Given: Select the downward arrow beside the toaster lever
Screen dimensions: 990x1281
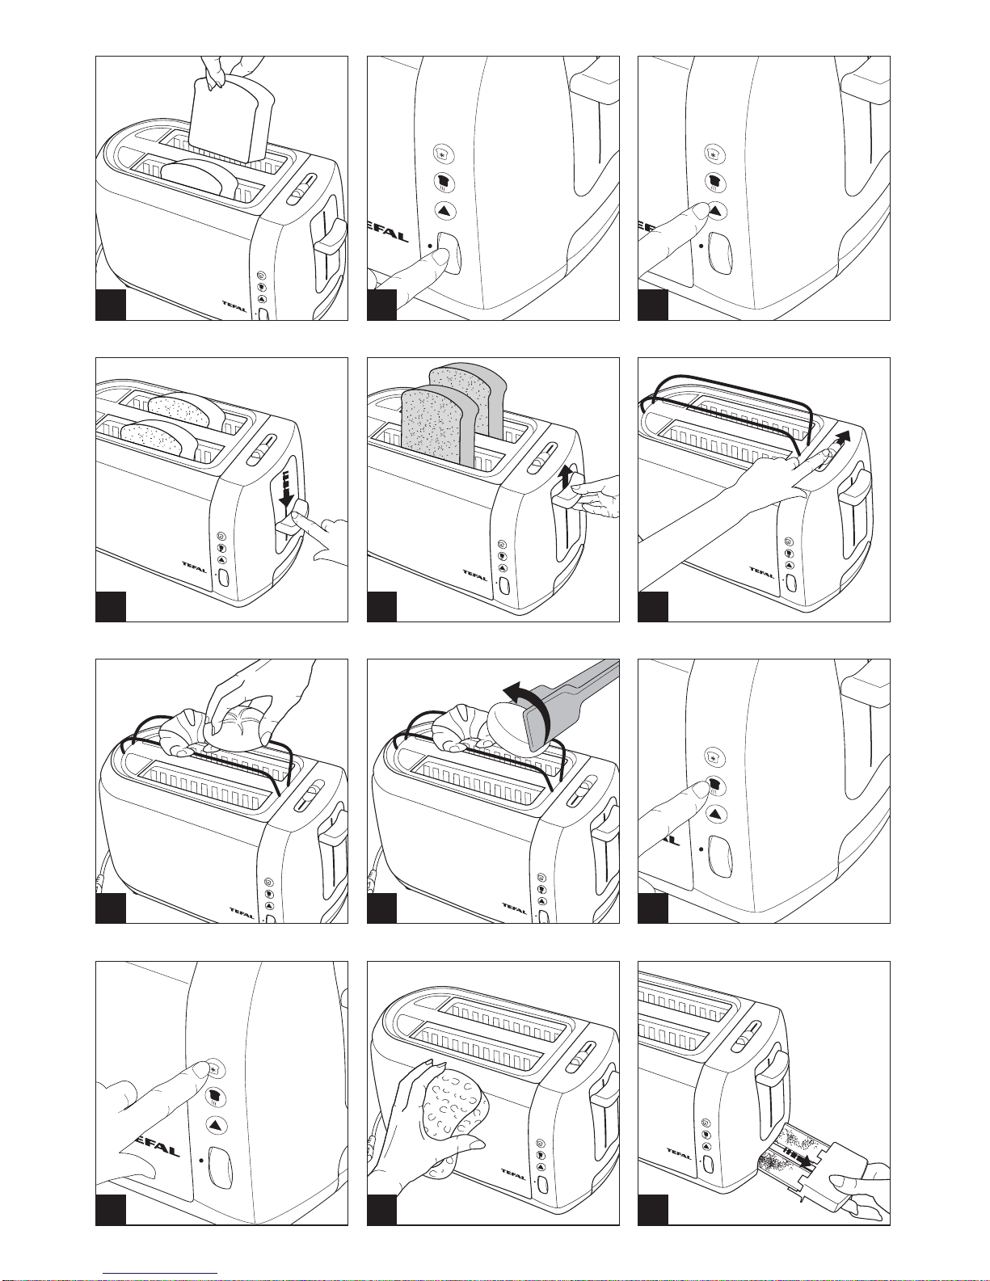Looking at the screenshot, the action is (x=285, y=487).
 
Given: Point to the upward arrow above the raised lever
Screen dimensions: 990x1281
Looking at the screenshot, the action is (x=565, y=478).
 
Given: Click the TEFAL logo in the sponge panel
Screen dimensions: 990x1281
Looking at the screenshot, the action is (x=512, y=1172).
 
